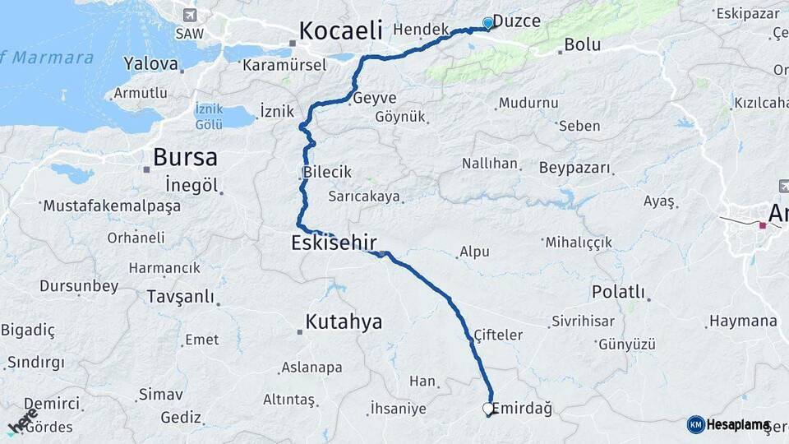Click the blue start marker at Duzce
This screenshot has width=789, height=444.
click(x=488, y=23)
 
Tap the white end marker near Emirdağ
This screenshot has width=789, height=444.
click(x=488, y=408)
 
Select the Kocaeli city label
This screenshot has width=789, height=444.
click(x=340, y=31)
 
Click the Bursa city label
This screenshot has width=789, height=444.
click(x=185, y=157)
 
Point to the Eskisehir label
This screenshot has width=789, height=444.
click(x=334, y=243)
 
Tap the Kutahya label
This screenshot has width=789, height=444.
click(x=344, y=321)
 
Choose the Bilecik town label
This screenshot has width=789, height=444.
click(x=327, y=173)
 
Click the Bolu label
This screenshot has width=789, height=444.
click(x=583, y=44)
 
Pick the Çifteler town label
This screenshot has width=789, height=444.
click(x=498, y=335)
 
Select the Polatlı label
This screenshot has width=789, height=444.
click(x=618, y=293)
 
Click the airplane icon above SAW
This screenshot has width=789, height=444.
click(x=191, y=15)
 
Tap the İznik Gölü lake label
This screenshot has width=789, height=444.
click(x=209, y=116)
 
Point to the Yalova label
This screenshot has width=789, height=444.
click(x=150, y=63)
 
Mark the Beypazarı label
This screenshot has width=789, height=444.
click(x=575, y=168)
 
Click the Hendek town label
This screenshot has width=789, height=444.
click(x=421, y=29)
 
